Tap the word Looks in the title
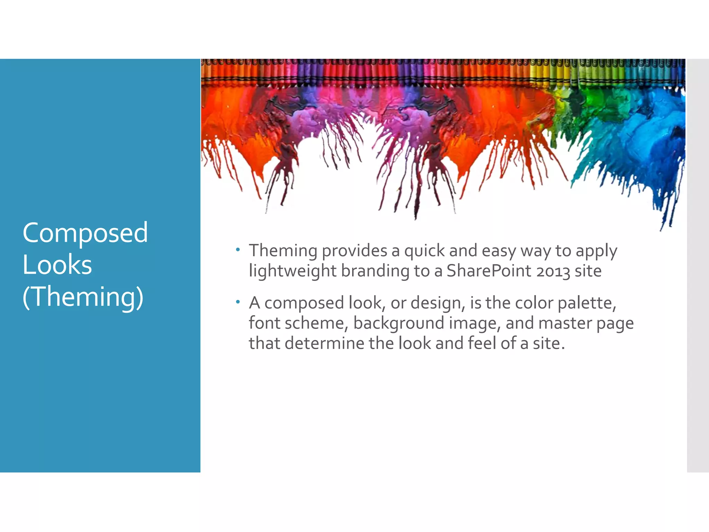tap(57, 265)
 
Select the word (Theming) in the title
tap(83, 297)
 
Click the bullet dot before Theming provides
tap(237, 249)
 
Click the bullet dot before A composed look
tap(237, 302)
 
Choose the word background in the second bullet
tap(398, 323)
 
